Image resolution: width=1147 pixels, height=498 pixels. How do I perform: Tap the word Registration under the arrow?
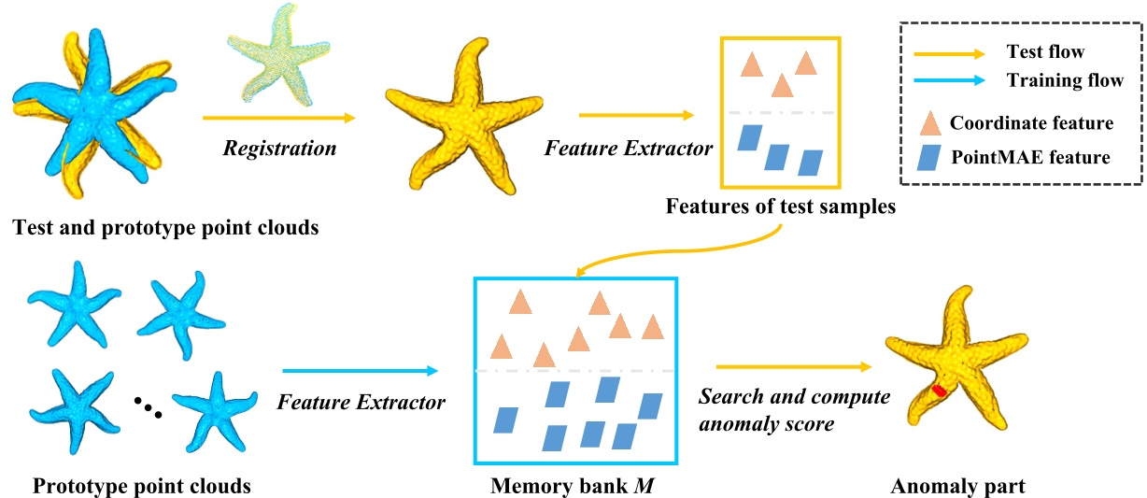point(279,148)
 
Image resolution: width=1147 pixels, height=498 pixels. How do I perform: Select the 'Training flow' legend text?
point(1065,80)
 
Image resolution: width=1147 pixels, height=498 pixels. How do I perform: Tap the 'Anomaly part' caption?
point(957,486)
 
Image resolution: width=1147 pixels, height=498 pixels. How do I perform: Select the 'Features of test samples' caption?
point(781,206)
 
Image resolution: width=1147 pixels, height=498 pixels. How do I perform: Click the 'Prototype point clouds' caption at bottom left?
point(142,486)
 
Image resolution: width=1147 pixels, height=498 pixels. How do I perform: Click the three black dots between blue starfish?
point(148,409)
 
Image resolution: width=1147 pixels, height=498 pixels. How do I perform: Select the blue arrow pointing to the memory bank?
point(360,371)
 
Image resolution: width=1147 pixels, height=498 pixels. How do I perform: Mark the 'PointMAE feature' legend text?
point(1030,157)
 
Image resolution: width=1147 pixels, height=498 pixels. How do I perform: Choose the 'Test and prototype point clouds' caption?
point(164,227)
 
